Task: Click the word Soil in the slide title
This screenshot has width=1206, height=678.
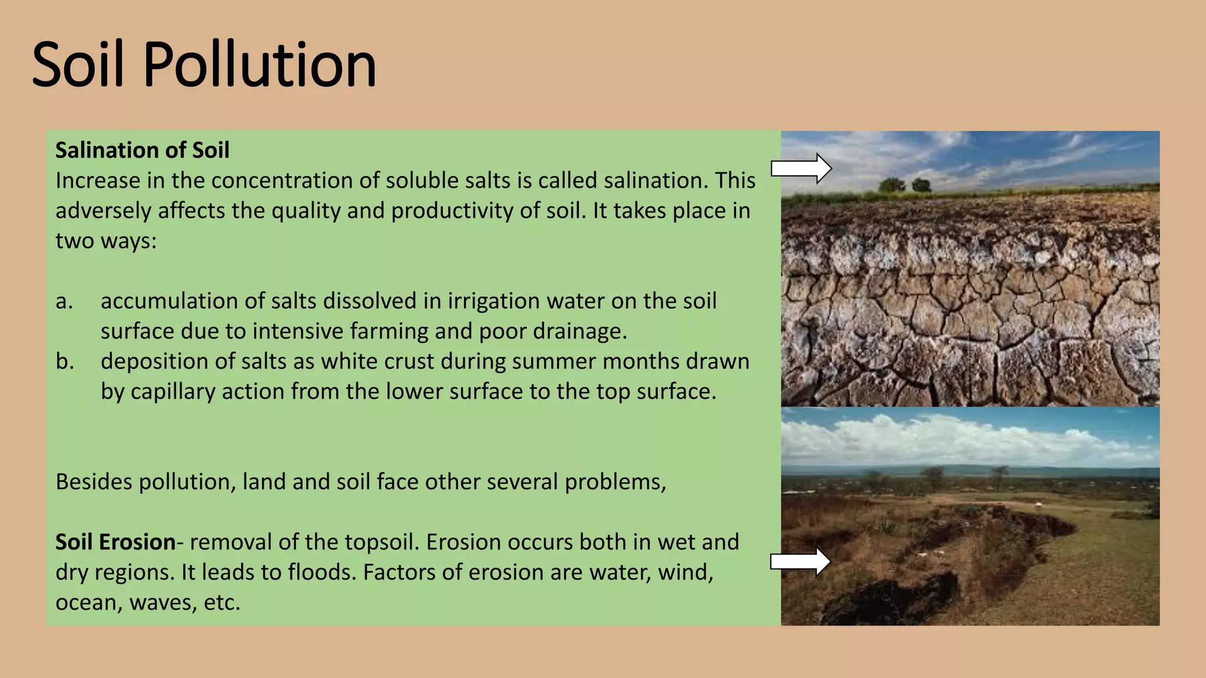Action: (78, 64)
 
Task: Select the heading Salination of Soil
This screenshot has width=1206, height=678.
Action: (142, 151)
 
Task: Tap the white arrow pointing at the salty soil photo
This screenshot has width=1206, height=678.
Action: (801, 169)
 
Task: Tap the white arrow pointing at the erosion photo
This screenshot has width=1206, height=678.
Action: (800, 562)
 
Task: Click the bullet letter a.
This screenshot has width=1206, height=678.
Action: (64, 301)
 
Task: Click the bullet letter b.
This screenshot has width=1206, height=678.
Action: (64, 361)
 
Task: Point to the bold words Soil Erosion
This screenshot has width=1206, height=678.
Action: (115, 542)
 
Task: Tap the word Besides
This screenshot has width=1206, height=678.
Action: (94, 482)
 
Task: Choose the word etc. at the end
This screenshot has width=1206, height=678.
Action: (222, 603)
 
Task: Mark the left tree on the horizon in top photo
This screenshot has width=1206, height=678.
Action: (892, 185)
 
